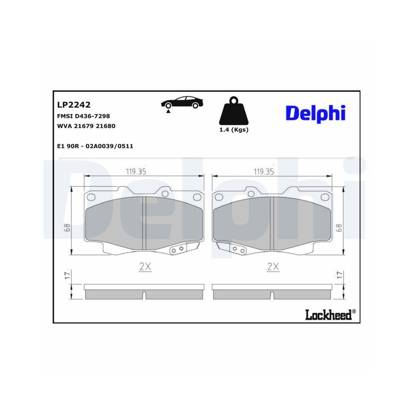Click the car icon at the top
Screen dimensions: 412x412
[x=182, y=103]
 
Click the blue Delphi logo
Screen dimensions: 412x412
[x=315, y=113]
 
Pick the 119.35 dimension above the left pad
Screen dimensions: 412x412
[x=136, y=172]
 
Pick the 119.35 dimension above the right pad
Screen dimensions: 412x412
[x=264, y=172]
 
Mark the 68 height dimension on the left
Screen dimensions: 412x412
[x=67, y=227]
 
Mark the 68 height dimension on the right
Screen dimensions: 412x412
[x=339, y=227]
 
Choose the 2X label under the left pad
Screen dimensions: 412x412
[x=145, y=267]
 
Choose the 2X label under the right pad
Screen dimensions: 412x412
[x=273, y=267]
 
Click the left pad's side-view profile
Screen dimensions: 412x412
[x=144, y=292]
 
